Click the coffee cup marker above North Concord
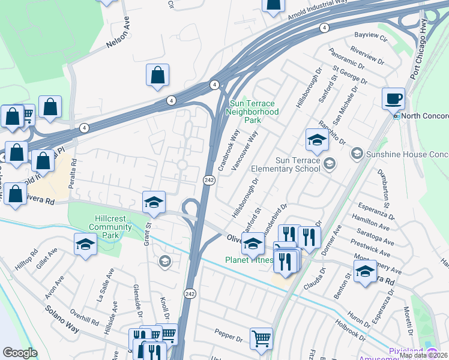[394, 98]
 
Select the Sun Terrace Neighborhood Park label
[253, 112]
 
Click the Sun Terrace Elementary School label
[298, 164]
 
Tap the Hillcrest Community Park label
[110, 223]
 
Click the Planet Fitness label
[249, 260]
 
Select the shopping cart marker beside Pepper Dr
[261, 338]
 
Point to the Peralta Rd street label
[73, 175]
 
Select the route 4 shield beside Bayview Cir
[324, 28]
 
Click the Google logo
[20, 353]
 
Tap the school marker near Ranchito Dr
[317, 140]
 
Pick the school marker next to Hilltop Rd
[85, 244]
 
